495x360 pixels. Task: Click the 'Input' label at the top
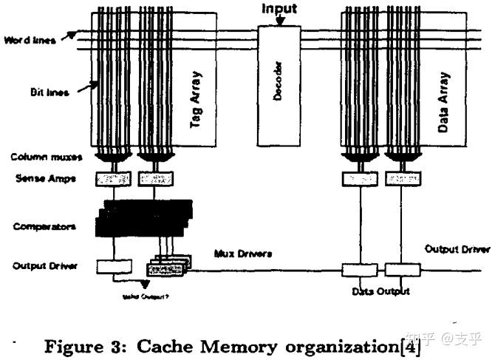click(x=280, y=9)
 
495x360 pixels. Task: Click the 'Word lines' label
click(x=30, y=39)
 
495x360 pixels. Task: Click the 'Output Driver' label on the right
click(x=457, y=250)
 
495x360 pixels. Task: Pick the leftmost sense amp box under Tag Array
click(x=113, y=179)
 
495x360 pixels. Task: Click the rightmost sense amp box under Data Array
click(x=405, y=179)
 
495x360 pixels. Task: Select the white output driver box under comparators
click(x=114, y=264)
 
